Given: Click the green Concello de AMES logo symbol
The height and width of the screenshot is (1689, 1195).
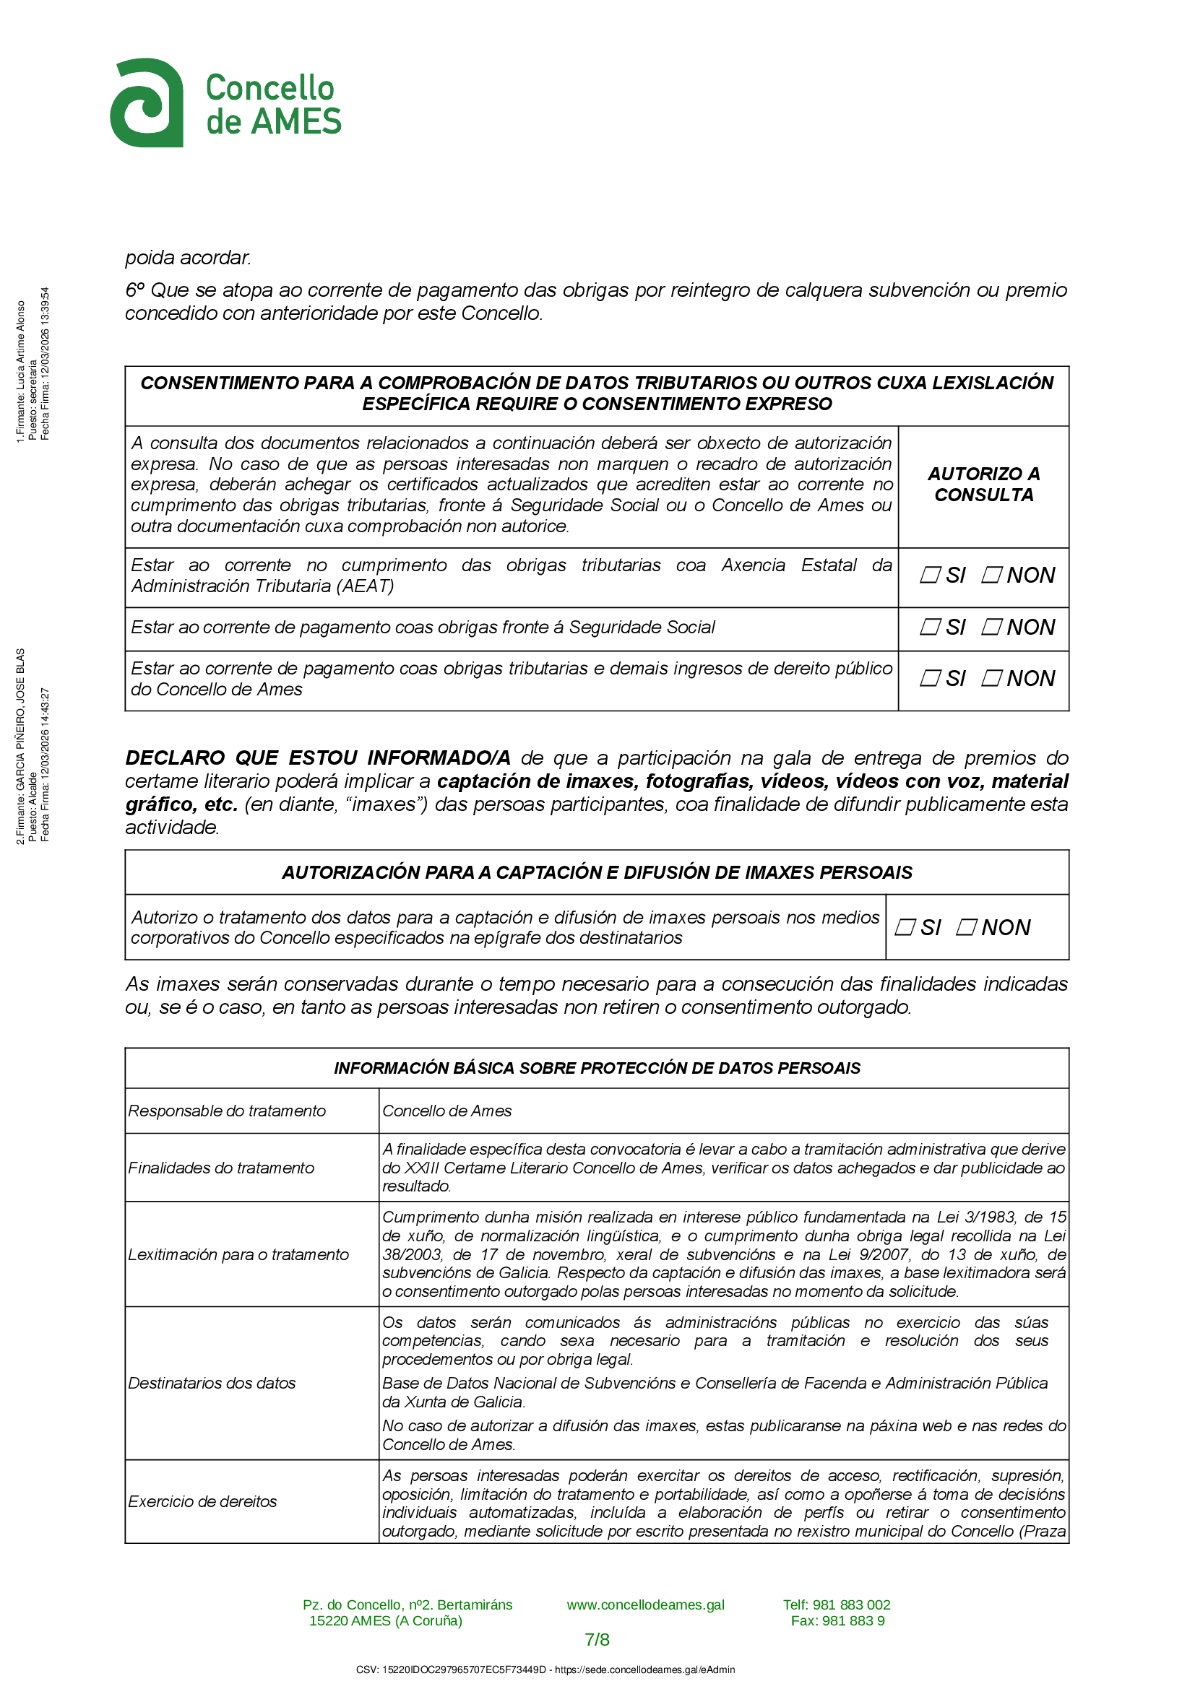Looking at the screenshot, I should pyautogui.click(x=147, y=103).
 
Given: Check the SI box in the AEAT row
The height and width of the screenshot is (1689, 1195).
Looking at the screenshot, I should pyautogui.click(x=930, y=575).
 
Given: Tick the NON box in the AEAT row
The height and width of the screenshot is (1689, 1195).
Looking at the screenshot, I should pyautogui.click(x=991, y=575).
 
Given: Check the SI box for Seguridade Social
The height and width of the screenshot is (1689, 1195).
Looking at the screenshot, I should pyautogui.click(x=930, y=627).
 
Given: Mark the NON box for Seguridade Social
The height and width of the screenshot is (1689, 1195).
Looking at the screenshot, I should pyautogui.click(x=991, y=627).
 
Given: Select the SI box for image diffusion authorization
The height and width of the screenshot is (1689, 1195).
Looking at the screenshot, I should pyautogui.click(x=905, y=928).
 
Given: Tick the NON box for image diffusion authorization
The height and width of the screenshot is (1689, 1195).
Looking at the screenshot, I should pyautogui.click(x=965, y=928).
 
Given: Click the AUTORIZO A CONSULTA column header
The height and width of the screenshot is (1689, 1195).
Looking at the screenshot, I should pyautogui.click(x=983, y=484).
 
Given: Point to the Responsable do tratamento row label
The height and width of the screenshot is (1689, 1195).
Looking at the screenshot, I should pyautogui.click(x=227, y=1111).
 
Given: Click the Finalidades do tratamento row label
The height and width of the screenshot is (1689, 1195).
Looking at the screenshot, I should pyautogui.click(x=221, y=1168).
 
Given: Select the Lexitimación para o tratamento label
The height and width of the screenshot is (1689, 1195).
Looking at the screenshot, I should pyautogui.click(x=238, y=1254).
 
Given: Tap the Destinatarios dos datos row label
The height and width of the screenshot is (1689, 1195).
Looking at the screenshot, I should pyautogui.click(x=212, y=1383).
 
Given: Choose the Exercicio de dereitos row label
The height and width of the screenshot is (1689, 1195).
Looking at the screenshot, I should pyautogui.click(x=202, y=1501).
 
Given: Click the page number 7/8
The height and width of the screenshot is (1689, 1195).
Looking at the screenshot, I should pyautogui.click(x=597, y=1640).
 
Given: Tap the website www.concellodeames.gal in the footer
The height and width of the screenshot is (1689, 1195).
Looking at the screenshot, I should pyautogui.click(x=645, y=1605).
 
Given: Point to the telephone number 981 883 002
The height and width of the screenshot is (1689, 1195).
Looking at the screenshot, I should pyautogui.click(x=851, y=1605).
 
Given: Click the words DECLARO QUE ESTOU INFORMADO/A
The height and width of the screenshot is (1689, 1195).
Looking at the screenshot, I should pyautogui.click(x=318, y=757).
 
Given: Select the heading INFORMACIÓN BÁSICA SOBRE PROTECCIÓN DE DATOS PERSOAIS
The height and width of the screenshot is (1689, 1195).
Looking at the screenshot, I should pyautogui.click(x=597, y=1068).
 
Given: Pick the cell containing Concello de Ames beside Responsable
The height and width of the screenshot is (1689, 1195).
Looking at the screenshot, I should pyautogui.click(x=446, y=1111).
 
